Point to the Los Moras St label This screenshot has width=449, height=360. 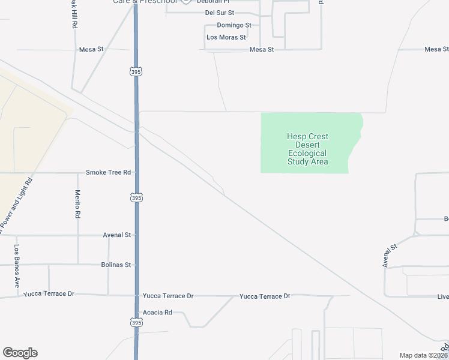coord(226,37)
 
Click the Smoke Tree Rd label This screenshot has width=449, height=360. coord(108,172)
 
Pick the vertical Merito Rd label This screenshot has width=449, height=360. coord(77,203)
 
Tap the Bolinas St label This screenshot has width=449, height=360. coord(116,265)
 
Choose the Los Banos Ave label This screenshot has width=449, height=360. coord(17,266)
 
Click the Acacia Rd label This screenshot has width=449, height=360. coord(157,313)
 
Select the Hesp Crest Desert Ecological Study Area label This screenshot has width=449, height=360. coord(307,149)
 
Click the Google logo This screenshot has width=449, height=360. coord(20,353)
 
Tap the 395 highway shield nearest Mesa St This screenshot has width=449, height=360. coord(136,71)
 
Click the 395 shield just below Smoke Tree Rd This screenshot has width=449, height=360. coord(136,197)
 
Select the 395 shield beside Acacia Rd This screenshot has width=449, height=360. coord(136,323)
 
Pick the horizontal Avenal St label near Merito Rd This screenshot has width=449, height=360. coord(116,235)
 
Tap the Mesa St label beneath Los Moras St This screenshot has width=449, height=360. coord(261,50)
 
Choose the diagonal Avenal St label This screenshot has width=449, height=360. coord(390,256)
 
